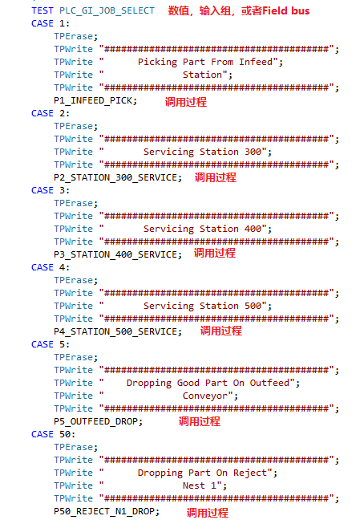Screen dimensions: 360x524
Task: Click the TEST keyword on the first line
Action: (x=42, y=10)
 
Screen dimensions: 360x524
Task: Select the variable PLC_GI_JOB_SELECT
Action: (x=107, y=11)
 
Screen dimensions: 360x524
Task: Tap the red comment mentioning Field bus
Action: (x=239, y=11)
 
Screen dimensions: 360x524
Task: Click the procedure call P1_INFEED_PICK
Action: (x=95, y=100)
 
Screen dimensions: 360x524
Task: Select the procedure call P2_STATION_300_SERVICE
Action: (x=118, y=177)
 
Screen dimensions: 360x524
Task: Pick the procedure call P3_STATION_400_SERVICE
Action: (x=118, y=254)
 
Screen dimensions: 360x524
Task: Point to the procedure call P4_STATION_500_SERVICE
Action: (x=118, y=331)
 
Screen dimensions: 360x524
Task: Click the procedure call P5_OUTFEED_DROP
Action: (x=98, y=421)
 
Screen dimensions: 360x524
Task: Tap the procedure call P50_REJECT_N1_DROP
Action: (x=107, y=511)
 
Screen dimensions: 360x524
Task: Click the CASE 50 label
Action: (x=53, y=434)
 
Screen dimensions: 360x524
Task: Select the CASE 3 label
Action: (x=51, y=190)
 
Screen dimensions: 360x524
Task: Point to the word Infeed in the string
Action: (x=256, y=62)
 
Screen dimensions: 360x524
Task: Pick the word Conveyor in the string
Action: (x=205, y=396)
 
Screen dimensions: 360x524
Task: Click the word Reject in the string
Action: (x=250, y=473)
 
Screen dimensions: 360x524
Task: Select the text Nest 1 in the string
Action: (x=200, y=485)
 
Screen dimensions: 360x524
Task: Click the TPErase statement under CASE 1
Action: (x=76, y=36)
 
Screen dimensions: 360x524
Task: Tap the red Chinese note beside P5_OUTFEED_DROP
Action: (x=200, y=421)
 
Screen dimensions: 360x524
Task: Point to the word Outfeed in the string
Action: (x=269, y=383)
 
